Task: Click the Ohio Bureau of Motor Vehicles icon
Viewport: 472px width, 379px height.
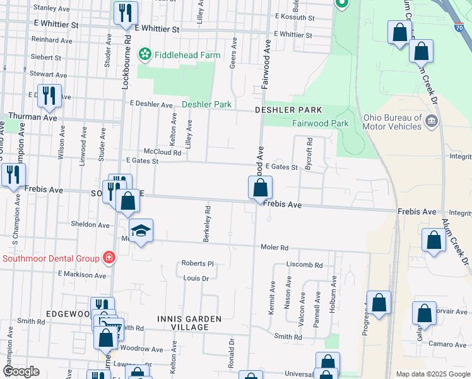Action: click(x=432, y=122)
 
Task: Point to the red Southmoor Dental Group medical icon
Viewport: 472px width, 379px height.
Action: click(x=109, y=258)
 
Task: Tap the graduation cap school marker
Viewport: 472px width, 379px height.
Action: click(x=141, y=231)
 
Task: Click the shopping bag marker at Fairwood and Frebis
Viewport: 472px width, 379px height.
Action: click(x=260, y=188)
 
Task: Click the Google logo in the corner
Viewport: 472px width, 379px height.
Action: click(x=20, y=371)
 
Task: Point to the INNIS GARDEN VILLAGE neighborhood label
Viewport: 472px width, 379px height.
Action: click(x=189, y=323)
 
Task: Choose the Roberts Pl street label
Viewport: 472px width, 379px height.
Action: click(x=198, y=263)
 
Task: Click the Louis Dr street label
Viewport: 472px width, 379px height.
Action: click(x=196, y=278)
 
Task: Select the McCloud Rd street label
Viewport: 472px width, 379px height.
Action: click(x=162, y=152)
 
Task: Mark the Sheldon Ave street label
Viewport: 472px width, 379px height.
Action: click(x=90, y=224)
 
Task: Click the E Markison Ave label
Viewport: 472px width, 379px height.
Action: click(x=82, y=275)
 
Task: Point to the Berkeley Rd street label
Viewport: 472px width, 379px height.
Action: click(x=206, y=224)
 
